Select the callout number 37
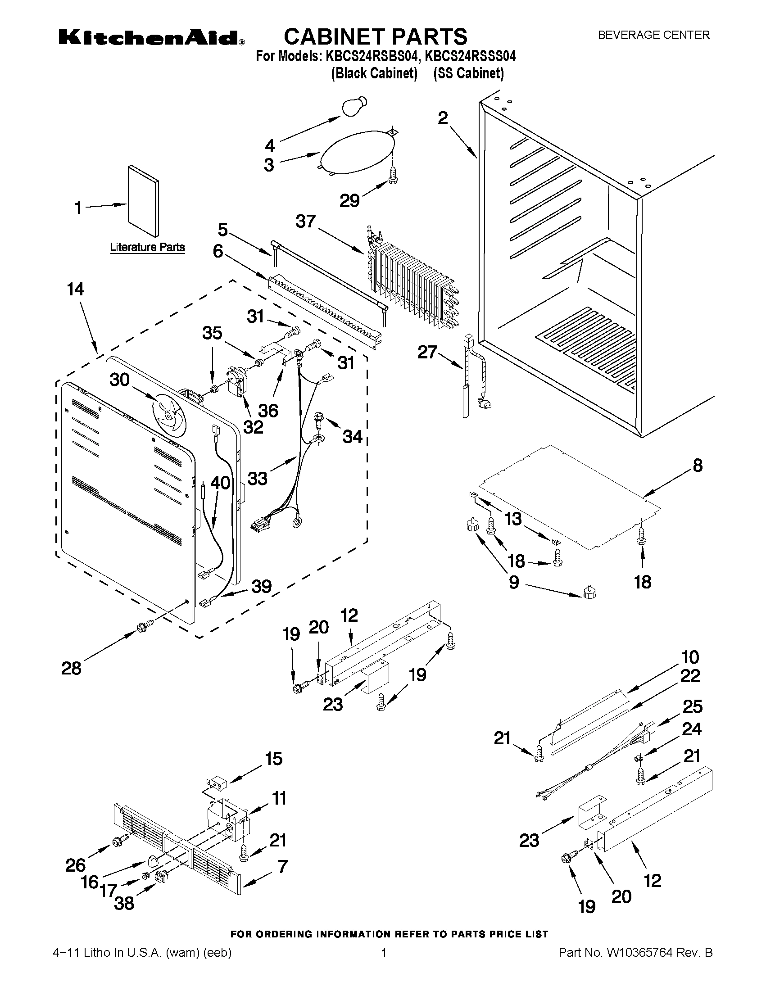(x=305, y=222)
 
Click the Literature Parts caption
(x=148, y=247)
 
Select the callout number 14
(x=75, y=289)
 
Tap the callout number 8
(x=698, y=465)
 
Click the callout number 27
(x=427, y=352)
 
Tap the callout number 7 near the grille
(x=282, y=867)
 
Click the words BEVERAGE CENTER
(x=653, y=35)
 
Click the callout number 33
(x=257, y=478)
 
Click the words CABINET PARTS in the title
(x=375, y=36)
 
